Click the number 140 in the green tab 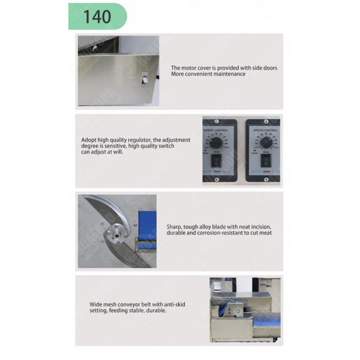click(97, 16)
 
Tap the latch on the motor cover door click(143, 80)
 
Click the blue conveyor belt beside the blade click(146, 228)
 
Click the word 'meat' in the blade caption click(265, 233)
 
